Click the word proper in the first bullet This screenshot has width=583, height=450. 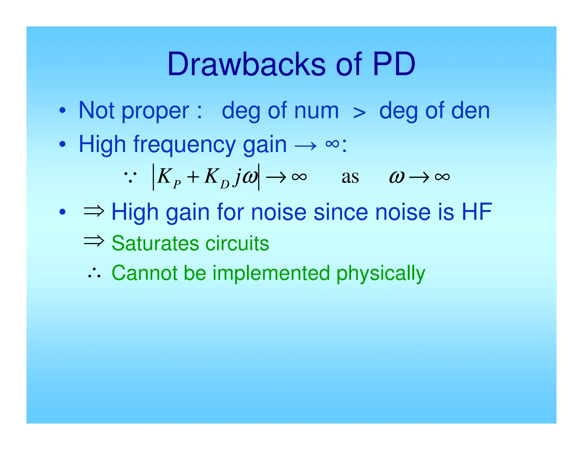tap(155, 111)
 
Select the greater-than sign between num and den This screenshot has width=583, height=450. tap(359, 113)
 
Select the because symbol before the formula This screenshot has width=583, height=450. tap(130, 177)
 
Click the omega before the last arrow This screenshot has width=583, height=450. tap(397, 177)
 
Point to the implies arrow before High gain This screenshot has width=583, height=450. tap(94, 211)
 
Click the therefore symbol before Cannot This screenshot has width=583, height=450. tap(94, 273)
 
